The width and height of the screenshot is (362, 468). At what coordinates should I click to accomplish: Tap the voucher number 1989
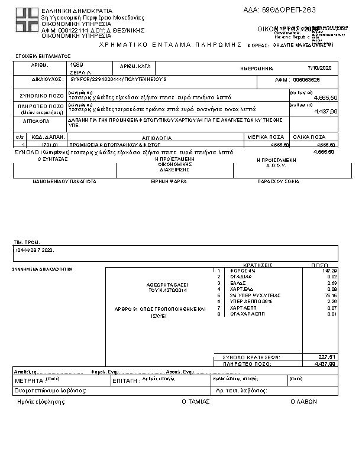(x=77, y=64)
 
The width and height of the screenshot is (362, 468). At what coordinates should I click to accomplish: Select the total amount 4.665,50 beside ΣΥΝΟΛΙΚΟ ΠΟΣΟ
(x=325, y=97)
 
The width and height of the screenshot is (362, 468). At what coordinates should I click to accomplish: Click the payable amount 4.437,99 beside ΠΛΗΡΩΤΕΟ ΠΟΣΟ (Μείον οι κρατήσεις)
(x=325, y=110)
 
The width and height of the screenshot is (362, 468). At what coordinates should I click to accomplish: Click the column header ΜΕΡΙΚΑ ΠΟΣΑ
(x=268, y=137)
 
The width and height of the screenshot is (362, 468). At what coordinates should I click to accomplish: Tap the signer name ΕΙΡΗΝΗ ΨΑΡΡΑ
(x=169, y=181)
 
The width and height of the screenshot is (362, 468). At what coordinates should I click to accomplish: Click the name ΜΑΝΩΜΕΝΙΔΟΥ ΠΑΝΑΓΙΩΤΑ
(x=64, y=181)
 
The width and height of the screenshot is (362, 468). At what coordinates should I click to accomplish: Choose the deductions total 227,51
(x=327, y=357)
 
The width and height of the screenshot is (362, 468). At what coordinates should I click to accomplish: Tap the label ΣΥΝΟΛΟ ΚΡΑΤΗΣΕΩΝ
(x=251, y=357)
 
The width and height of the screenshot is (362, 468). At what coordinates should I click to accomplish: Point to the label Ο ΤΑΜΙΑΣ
(x=192, y=401)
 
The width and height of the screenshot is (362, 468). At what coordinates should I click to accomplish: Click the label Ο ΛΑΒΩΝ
(x=303, y=401)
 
